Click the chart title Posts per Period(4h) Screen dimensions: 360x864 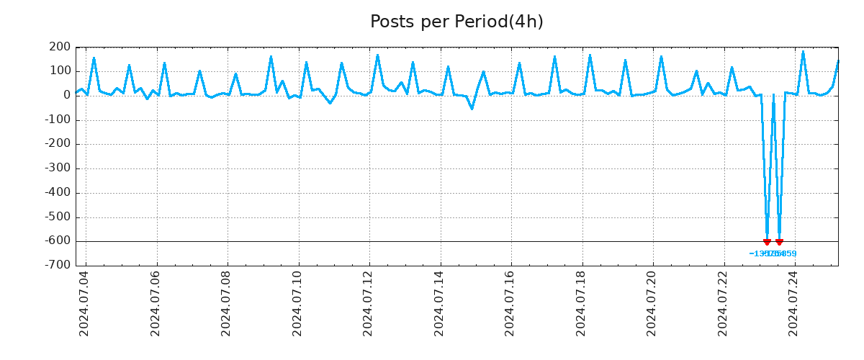pos(456,22)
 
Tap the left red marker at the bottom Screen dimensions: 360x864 pos(767,242)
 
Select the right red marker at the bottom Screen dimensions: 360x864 pos(779,242)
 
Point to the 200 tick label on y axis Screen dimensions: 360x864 pos(60,48)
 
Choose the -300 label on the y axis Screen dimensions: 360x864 pos(58,168)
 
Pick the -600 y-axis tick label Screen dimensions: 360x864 pos(58,241)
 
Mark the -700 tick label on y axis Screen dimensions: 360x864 pos(58,265)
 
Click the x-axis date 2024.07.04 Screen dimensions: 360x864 pos(84,305)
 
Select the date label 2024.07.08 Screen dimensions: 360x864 pos(227,305)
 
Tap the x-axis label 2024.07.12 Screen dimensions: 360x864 pos(369,305)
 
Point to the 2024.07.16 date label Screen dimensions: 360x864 pos(510,305)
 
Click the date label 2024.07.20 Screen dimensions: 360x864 pos(652,305)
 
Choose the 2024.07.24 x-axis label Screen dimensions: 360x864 pos(794,305)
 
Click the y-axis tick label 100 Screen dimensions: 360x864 pos(60,71)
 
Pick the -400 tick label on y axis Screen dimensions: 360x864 pos(58,193)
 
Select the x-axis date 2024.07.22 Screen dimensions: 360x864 pos(724,305)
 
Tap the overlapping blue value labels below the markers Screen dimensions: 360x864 pos(773,253)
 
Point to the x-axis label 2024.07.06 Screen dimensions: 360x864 pos(156,305)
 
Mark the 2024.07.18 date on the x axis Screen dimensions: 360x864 pos(582,305)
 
